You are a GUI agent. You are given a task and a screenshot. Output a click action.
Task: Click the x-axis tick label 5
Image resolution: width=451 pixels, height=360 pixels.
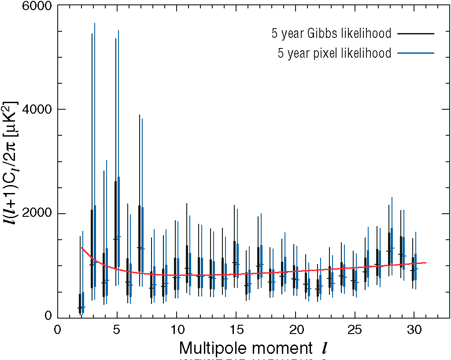tap(117, 330)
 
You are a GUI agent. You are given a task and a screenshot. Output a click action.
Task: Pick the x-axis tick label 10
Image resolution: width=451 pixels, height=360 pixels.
tap(176, 330)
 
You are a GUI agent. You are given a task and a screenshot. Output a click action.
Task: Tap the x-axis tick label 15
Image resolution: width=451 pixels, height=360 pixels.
tap(236, 330)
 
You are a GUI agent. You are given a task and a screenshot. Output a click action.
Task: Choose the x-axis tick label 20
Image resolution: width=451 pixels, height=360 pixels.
tap(295, 330)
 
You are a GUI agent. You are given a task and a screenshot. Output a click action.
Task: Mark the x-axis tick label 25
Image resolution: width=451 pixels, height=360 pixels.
tap(355, 330)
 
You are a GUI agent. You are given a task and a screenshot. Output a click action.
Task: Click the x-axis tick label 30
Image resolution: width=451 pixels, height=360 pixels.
tap(414, 330)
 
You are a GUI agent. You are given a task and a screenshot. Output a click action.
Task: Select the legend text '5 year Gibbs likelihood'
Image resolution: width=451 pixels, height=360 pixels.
tap(331, 33)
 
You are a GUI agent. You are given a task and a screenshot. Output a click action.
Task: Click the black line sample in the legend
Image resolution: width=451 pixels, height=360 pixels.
tap(416, 33)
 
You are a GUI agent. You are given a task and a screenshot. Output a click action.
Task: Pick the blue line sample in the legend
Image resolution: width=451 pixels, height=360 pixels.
tap(416, 53)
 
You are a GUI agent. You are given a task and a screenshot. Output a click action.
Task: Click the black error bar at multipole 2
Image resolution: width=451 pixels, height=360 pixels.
tap(80, 273)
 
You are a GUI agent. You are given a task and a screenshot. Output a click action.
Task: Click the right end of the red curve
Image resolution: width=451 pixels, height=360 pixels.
tap(426, 263)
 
